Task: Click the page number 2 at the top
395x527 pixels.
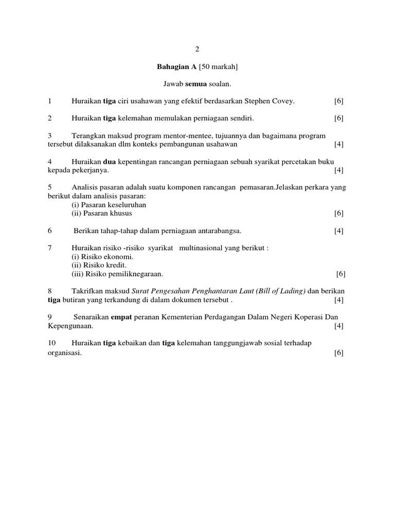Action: pyautogui.click(x=197, y=49)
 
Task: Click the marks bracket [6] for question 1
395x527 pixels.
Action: pyautogui.click(x=338, y=101)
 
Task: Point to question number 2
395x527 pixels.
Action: pyautogui.click(x=50, y=118)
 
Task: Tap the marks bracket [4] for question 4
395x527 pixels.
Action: pyautogui.click(x=338, y=170)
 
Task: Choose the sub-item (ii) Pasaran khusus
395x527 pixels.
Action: pyautogui.click(x=102, y=213)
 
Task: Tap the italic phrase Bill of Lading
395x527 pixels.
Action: pyautogui.click(x=279, y=291)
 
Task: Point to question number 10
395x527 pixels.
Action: pyautogui.click(x=51, y=343)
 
